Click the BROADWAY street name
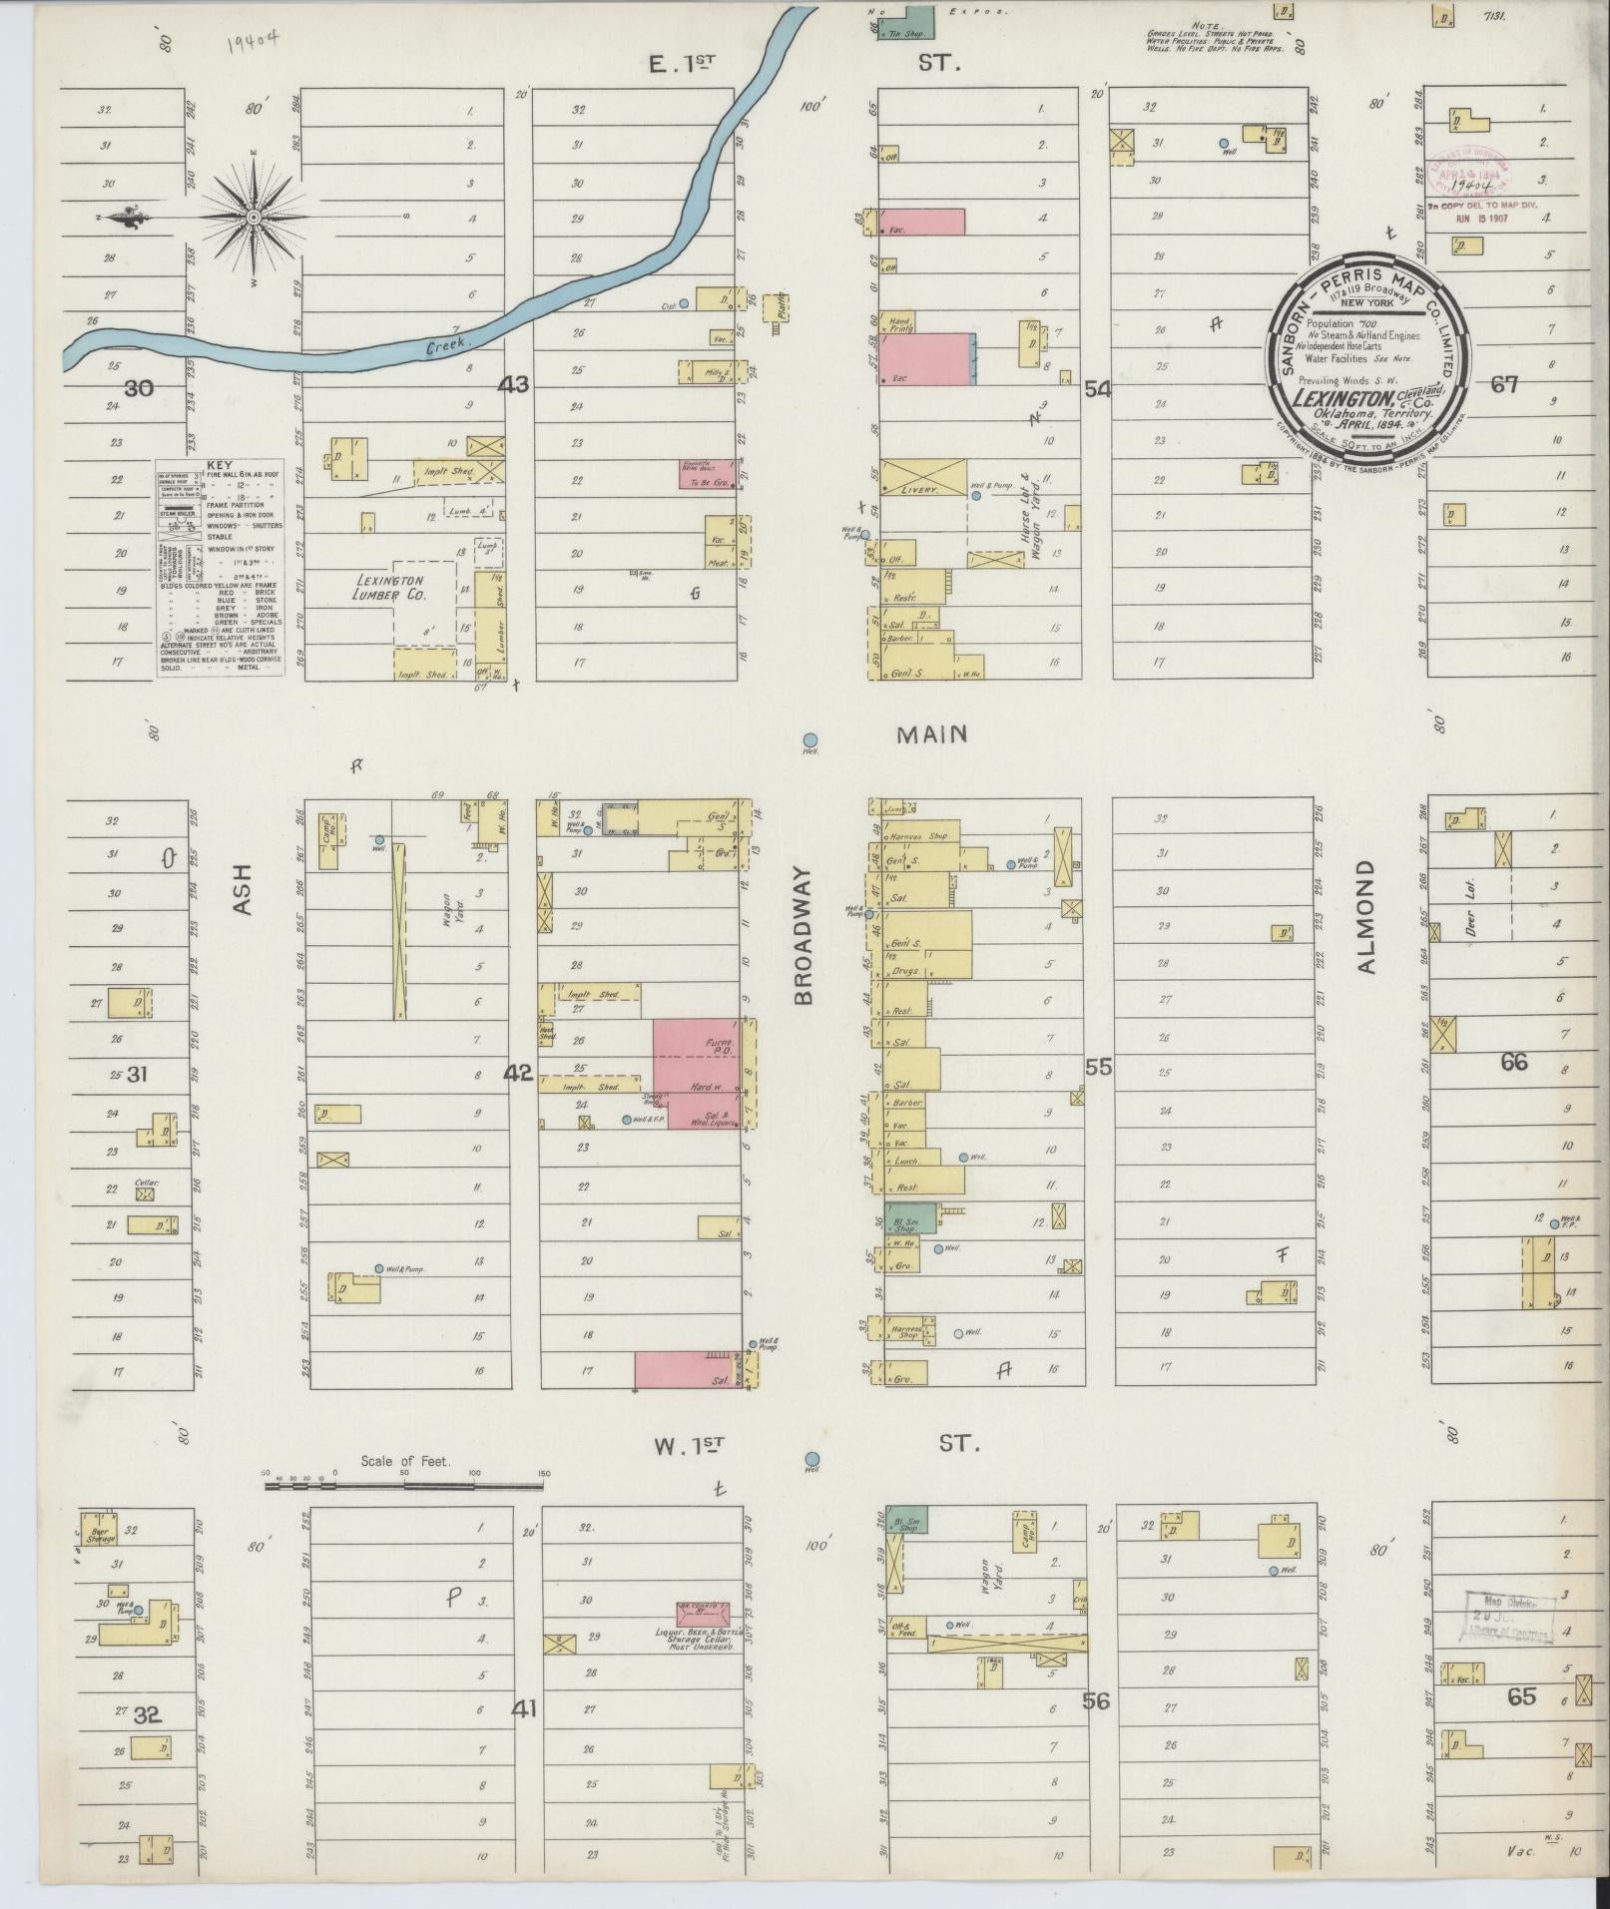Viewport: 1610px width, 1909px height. pyautogui.click(x=805, y=934)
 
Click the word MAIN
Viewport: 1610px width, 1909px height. pyautogui.click(x=931, y=734)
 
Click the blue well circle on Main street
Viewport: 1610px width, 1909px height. pyautogui.click(x=810, y=739)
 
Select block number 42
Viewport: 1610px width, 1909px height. pyautogui.click(x=518, y=1073)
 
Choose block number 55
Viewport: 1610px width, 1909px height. pyautogui.click(x=1098, y=1067)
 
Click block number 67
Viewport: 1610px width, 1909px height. pyautogui.click(x=1503, y=384)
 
